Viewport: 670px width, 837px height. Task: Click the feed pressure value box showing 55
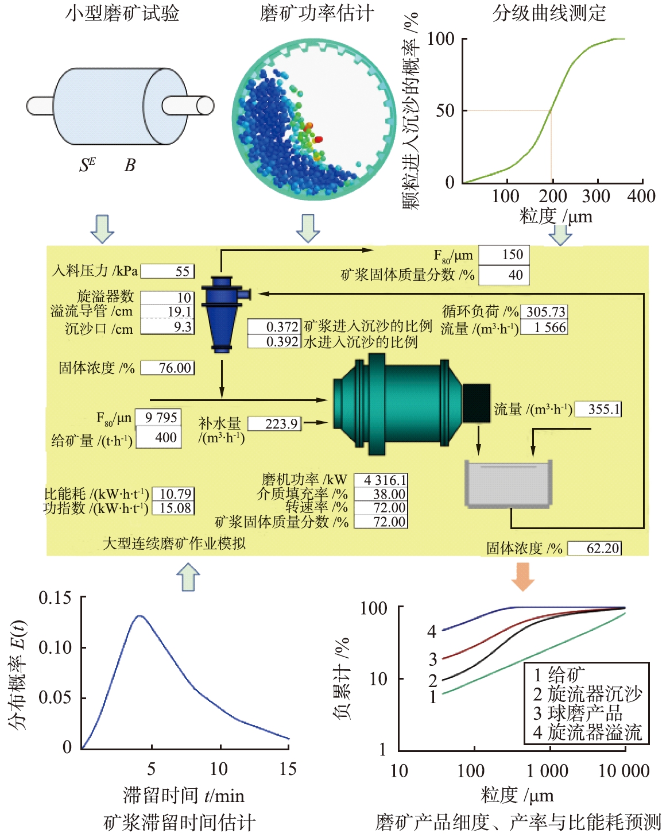168,271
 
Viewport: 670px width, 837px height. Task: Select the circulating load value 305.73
545,312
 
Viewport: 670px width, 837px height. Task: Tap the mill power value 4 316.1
381,480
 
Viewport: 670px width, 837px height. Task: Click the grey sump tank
508,484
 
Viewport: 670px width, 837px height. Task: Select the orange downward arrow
522,576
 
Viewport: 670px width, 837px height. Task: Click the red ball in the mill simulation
319,139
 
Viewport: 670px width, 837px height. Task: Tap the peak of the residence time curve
140,616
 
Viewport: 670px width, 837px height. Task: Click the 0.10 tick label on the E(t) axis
55,647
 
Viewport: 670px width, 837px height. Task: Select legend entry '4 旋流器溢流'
587,732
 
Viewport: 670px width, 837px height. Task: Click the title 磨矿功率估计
317,13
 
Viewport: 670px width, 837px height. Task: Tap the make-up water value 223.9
274,424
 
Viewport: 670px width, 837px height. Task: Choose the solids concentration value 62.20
595,549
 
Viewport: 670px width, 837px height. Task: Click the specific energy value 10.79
173,494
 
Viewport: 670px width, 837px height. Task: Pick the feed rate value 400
158,438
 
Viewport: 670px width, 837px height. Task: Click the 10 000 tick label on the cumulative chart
623,771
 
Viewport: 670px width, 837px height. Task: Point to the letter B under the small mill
130,165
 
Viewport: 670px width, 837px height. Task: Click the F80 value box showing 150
504,254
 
